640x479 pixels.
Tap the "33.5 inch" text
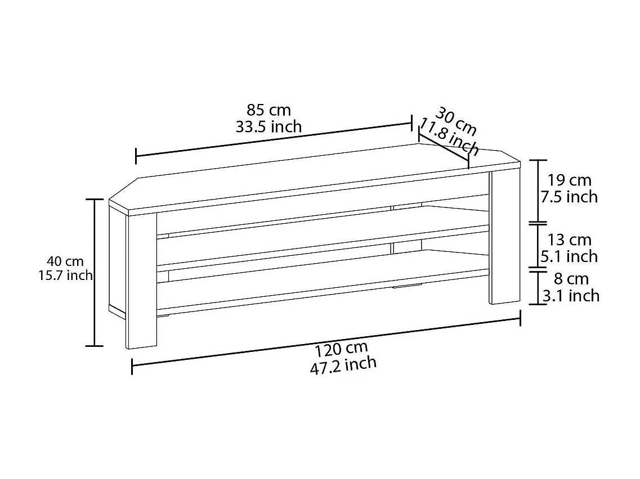268,126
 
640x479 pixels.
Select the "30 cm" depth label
455,121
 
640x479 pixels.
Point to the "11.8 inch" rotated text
450,137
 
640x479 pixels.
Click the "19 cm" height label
570,180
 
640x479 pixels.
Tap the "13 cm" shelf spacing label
570,240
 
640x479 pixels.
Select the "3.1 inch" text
571,295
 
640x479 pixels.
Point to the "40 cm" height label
65,261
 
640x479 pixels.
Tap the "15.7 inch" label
65,275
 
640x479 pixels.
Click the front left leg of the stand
141,281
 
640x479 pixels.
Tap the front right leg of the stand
504,236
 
